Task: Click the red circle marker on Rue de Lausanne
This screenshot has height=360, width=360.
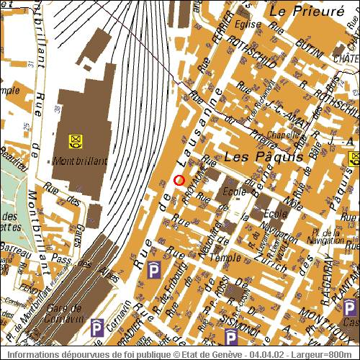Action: (179, 179)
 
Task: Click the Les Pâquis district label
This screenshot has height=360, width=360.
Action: (257, 156)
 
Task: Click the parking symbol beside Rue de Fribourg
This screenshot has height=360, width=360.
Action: (153, 270)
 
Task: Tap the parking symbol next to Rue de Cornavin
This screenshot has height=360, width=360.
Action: (96, 330)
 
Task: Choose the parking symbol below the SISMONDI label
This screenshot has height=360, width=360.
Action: (231, 338)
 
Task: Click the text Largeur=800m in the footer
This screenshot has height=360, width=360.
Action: (330, 355)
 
